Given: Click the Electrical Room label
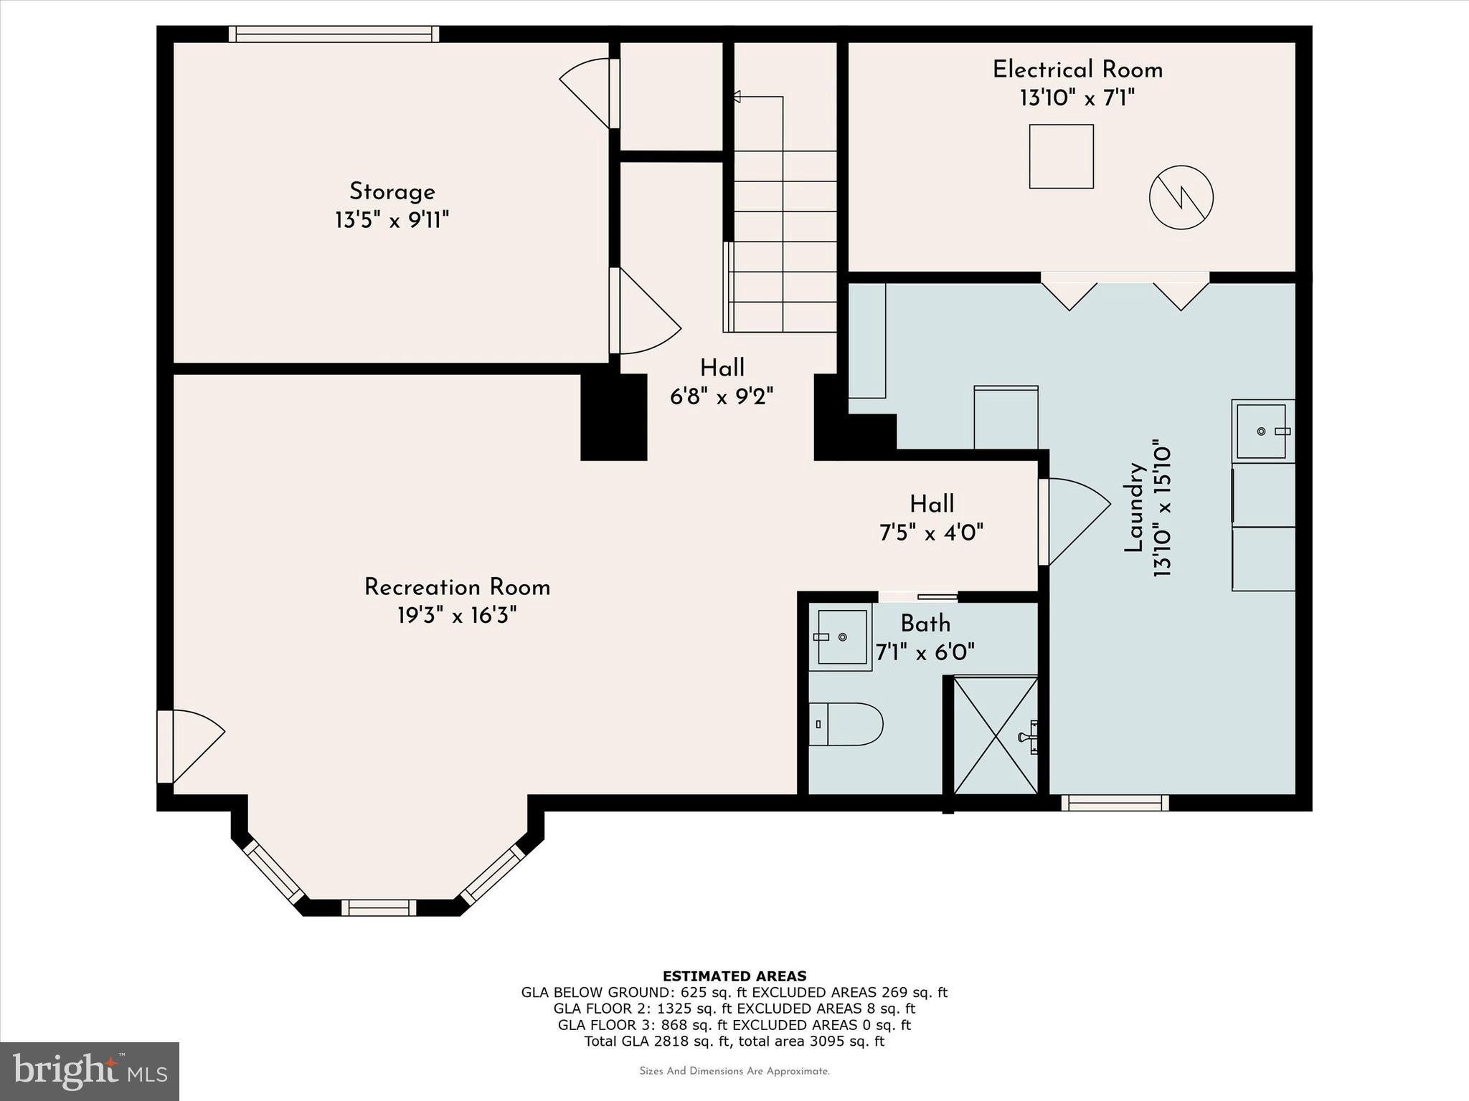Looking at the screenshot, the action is tap(1077, 70).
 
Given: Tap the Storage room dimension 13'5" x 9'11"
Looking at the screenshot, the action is tap(392, 219).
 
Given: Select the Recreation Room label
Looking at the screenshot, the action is tap(457, 587).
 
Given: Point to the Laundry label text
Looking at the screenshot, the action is tap(1133, 507).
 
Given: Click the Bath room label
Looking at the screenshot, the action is tap(925, 624).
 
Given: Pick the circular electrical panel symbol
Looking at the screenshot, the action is tap(1181, 197).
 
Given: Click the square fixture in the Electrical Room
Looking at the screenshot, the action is tap(1061, 156).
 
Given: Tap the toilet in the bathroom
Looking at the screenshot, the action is tap(846, 724).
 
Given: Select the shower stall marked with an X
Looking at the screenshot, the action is tap(996, 735).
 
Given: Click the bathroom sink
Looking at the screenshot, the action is tap(841, 637).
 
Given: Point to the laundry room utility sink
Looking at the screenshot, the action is tap(1263, 431).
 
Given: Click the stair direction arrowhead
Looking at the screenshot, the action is tap(736, 96).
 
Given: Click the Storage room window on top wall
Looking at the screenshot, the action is tap(334, 34).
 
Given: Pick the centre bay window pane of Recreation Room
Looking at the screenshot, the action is tap(379, 907).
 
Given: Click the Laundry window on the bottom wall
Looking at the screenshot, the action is tap(1115, 803).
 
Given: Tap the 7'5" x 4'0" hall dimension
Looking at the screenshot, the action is tap(931, 533).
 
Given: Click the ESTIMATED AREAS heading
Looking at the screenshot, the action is tap(734, 976).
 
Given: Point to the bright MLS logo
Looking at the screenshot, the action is tap(90, 1071).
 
